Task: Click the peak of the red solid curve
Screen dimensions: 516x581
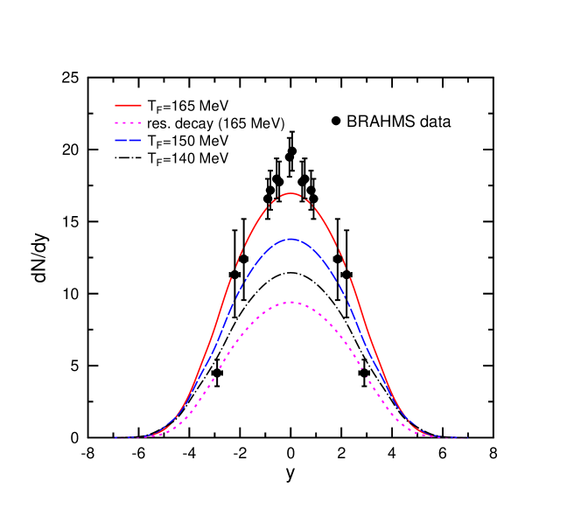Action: click(x=291, y=193)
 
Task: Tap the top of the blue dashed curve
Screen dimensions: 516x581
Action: click(x=291, y=239)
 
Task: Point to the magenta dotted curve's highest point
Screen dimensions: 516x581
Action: click(x=291, y=303)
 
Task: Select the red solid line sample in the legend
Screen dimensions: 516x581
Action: click(x=128, y=105)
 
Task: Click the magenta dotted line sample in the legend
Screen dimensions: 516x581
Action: click(x=128, y=123)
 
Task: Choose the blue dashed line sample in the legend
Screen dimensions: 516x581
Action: click(x=128, y=140)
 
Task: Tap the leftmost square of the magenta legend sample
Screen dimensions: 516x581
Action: click(x=117, y=123)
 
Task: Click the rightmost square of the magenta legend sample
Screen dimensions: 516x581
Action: click(x=138, y=123)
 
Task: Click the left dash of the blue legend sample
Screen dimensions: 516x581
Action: click(x=121, y=140)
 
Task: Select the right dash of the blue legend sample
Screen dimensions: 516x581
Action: click(x=136, y=140)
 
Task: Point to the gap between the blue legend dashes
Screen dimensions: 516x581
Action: click(x=129, y=140)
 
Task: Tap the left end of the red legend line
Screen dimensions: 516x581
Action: click(x=115, y=105)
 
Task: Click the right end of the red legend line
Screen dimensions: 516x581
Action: click(x=140, y=105)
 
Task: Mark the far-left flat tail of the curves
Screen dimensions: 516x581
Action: click(x=122, y=437)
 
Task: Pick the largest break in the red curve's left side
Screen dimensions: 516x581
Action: click(x=233, y=270)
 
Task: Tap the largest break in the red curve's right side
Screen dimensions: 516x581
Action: click(x=350, y=270)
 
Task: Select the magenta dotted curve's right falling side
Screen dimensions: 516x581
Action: click(x=367, y=376)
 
